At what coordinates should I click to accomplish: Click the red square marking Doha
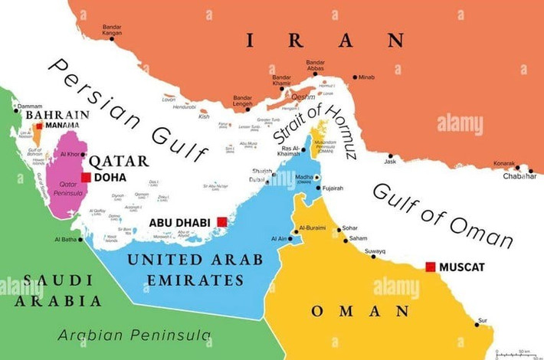[86, 177]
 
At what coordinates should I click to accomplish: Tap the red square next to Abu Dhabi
[221, 222]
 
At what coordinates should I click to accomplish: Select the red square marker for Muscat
[431, 267]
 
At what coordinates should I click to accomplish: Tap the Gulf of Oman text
[442, 215]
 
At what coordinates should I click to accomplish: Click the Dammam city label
[29, 106]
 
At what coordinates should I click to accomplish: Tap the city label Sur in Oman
[482, 320]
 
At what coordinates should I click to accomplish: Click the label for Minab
[366, 77]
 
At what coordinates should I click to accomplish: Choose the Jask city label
[391, 162]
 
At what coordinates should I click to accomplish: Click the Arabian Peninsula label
[134, 335]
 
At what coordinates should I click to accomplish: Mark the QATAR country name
[119, 161]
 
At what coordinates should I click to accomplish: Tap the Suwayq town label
[375, 250]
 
